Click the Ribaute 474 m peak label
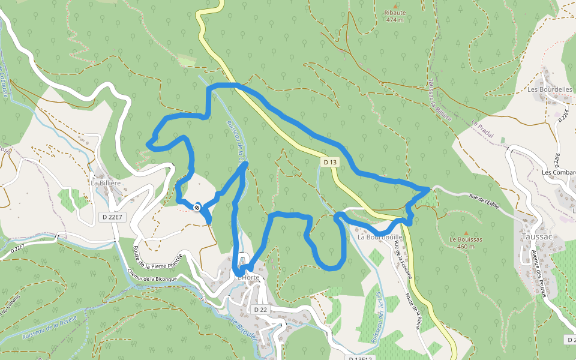click(x=395, y=16)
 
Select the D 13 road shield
click(x=330, y=162)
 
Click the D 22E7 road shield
click(x=112, y=217)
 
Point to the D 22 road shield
click(x=260, y=309)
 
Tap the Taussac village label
click(x=536, y=236)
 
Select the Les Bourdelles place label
click(x=550, y=90)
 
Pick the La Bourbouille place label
click(x=380, y=237)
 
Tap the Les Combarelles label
click(x=558, y=173)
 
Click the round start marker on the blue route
click(x=197, y=207)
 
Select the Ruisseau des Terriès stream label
click(x=377, y=317)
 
